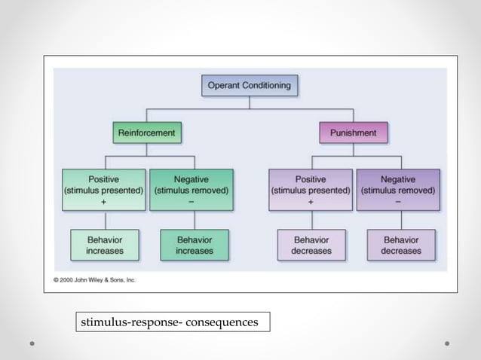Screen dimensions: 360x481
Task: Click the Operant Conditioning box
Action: tap(250, 85)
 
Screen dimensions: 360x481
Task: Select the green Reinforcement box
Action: tap(146, 133)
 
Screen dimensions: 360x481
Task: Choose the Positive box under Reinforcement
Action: tap(103, 190)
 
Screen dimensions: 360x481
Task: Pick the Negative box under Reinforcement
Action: tap(191, 190)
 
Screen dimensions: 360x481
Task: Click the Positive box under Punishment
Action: tap(311, 190)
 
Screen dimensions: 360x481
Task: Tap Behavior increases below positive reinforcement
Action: tap(105, 245)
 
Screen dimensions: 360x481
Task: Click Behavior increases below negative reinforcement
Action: tap(194, 245)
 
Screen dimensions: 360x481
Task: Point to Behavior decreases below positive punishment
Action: tap(311, 245)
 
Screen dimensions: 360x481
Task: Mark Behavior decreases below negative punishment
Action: tap(400, 245)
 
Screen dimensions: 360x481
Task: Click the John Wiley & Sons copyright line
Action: tap(94, 280)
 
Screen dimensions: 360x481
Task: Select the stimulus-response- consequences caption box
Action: tap(173, 322)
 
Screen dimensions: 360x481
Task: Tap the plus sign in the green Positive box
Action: tap(103, 202)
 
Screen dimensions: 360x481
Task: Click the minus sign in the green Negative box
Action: tap(191, 202)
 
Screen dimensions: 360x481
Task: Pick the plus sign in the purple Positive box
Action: tap(311, 202)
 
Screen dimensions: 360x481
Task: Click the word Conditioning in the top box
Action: tap(266, 85)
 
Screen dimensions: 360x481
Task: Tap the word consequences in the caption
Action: tap(219, 322)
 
